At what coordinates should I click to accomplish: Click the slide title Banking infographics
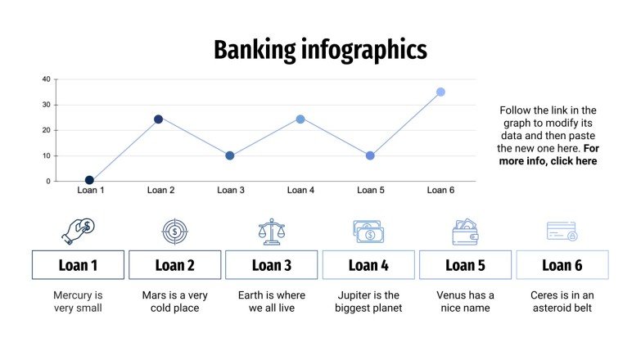coord(320,51)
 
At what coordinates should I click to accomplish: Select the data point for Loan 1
coord(89,180)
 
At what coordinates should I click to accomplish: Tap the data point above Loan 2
coord(159,119)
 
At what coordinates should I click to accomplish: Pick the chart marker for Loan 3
coord(230,155)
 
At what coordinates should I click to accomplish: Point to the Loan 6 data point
coord(440,92)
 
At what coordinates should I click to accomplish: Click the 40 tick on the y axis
coord(46,79)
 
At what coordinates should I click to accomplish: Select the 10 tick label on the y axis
coord(46,155)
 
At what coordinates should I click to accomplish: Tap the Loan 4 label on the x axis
coord(300,191)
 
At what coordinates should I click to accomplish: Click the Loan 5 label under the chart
coord(371,191)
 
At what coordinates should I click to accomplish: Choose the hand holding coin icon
coord(79,231)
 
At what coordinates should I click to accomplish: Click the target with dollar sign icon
coord(174,232)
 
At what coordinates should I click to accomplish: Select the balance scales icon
coord(271,232)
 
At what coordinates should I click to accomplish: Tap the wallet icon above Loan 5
coord(465,232)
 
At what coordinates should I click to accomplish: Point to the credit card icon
coord(562,232)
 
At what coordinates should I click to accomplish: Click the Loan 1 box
coord(79,265)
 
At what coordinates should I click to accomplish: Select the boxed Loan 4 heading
coord(368,265)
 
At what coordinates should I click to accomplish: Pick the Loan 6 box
coord(562,265)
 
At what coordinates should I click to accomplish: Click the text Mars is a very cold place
coord(175,301)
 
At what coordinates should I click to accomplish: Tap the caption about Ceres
coord(562,301)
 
